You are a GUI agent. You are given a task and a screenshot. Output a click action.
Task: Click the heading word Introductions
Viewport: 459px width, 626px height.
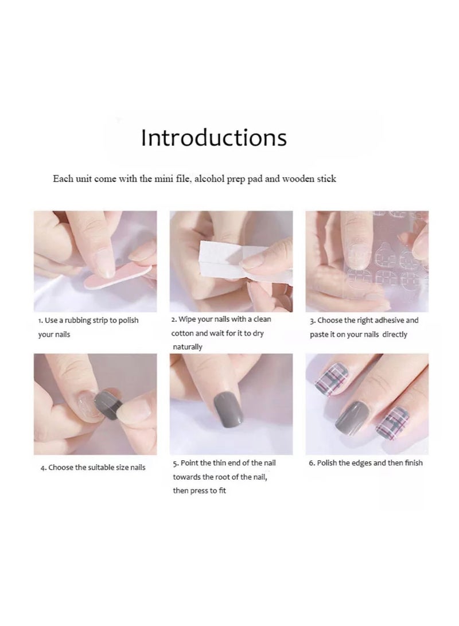click(214, 138)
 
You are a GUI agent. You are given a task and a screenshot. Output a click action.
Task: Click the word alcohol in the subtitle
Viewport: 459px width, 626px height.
click(211, 179)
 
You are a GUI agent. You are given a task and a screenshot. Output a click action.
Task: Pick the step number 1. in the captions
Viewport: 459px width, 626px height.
click(41, 321)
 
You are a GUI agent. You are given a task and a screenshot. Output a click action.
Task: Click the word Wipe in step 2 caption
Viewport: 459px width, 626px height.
click(189, 319)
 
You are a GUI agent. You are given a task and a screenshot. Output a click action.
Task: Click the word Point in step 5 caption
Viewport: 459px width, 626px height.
click(191, 462)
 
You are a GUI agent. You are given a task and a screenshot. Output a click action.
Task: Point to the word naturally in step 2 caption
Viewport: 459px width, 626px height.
click(188, 347)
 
